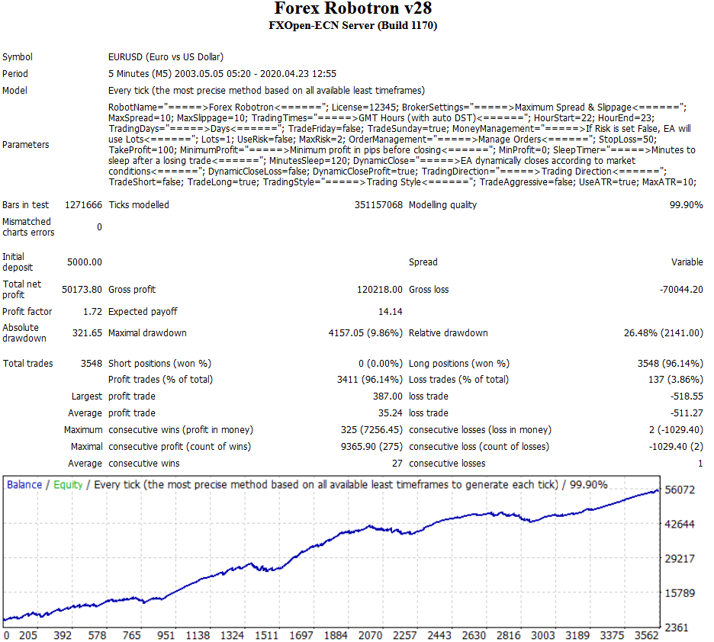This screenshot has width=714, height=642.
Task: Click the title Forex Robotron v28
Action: pos(352,9)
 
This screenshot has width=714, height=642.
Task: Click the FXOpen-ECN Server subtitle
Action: pos(352,26)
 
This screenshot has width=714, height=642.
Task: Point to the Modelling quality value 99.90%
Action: pos(686,205)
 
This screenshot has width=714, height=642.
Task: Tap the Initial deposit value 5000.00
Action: pos(84,262)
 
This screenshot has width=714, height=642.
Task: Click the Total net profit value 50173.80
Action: pos(81,290)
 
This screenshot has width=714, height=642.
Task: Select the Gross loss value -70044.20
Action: pos(680,290)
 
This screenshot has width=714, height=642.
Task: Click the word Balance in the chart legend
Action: pos(24,485)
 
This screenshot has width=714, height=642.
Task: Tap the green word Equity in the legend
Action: pos(68,485)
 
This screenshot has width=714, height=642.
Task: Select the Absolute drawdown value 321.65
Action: pos(86,333)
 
